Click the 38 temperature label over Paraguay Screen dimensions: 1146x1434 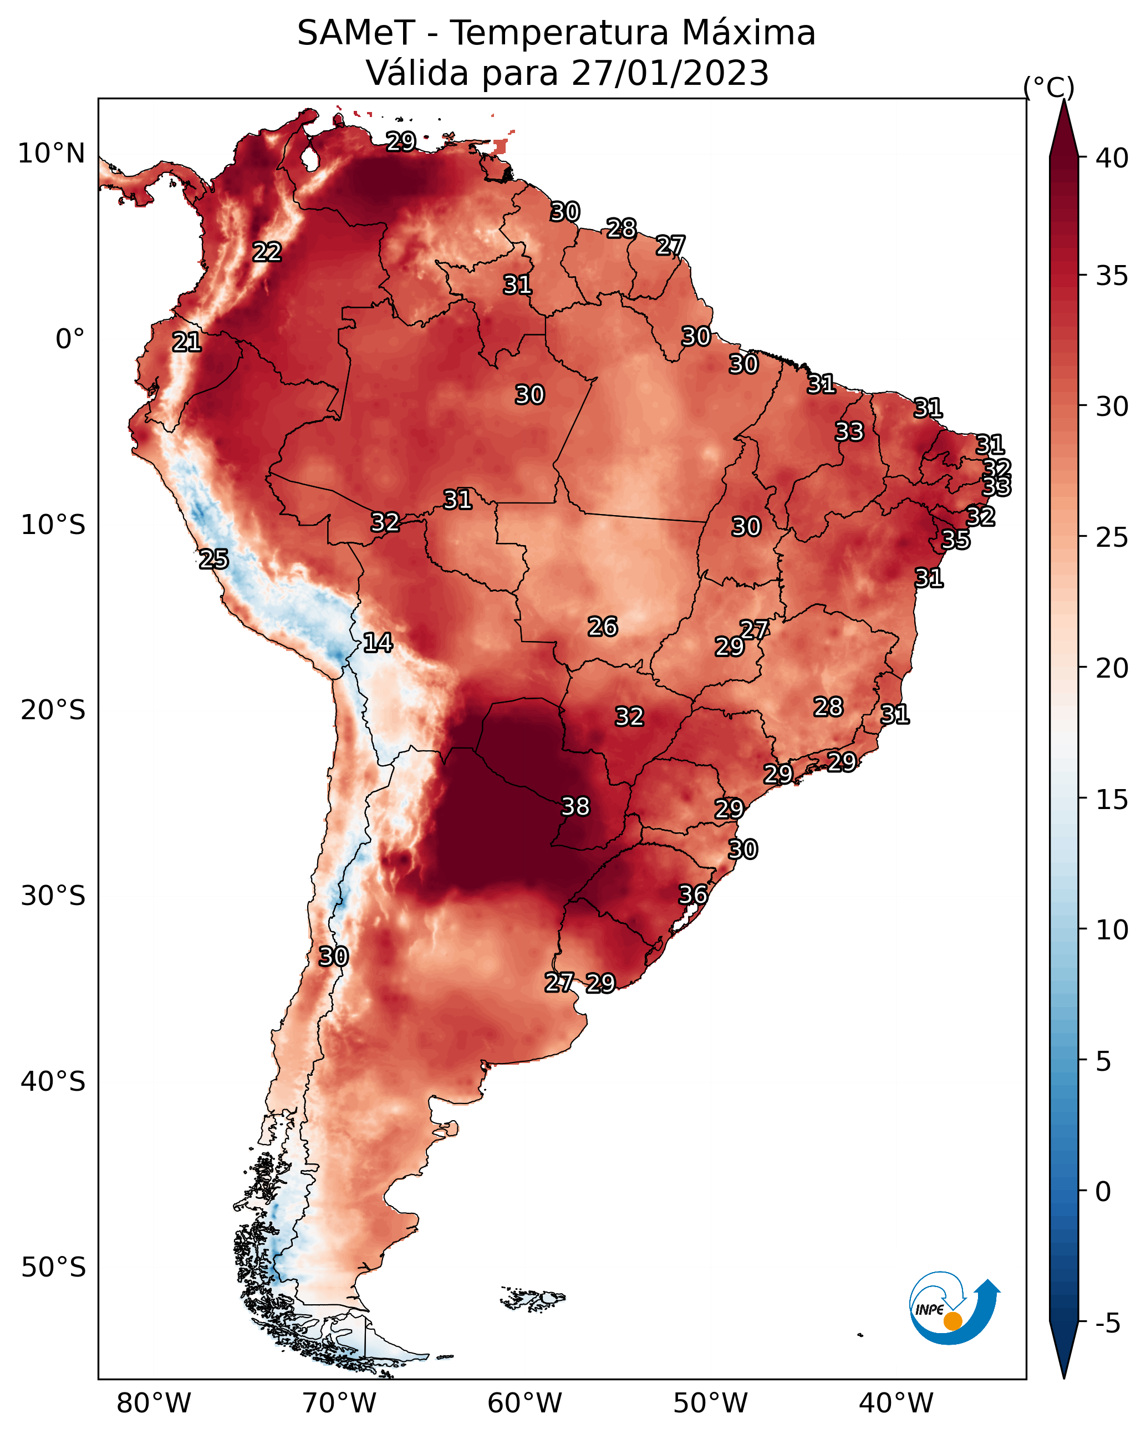pyautogui.click(x=575, y=806)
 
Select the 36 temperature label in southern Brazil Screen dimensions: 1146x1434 pyautogui.click(x=693, y=894)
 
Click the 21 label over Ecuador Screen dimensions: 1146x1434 pyautogui.click(x=187, y=343)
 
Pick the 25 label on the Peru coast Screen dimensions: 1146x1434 pyautogui.click(x=214, y=560)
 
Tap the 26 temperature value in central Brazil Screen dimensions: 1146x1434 pyautogui.click(x=603, y=627)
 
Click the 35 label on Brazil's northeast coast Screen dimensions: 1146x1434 pyautogui.click(x=956, y=540)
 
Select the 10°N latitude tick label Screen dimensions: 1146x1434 pyautogui.click(x=51, y=154)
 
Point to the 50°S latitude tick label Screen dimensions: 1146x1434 pyautogui.click(x=53, y=1268)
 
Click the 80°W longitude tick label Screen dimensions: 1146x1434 pyautogui.click(x=154, y=1404)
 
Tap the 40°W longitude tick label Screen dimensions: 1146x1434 pyautogui.click(x=896, y=1404)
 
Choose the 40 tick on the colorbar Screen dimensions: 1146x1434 pyautogui.click(x=1112, y=158)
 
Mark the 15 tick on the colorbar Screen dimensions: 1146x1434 pyautogui.click(x=1112, y=800)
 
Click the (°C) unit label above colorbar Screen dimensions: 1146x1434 pyautogui.click(x=1049, y=87)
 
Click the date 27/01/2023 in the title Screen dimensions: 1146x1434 pyautogui.click(x=670, y=73)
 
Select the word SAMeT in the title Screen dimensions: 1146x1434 pyautogui.click(x=356, y=33)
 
